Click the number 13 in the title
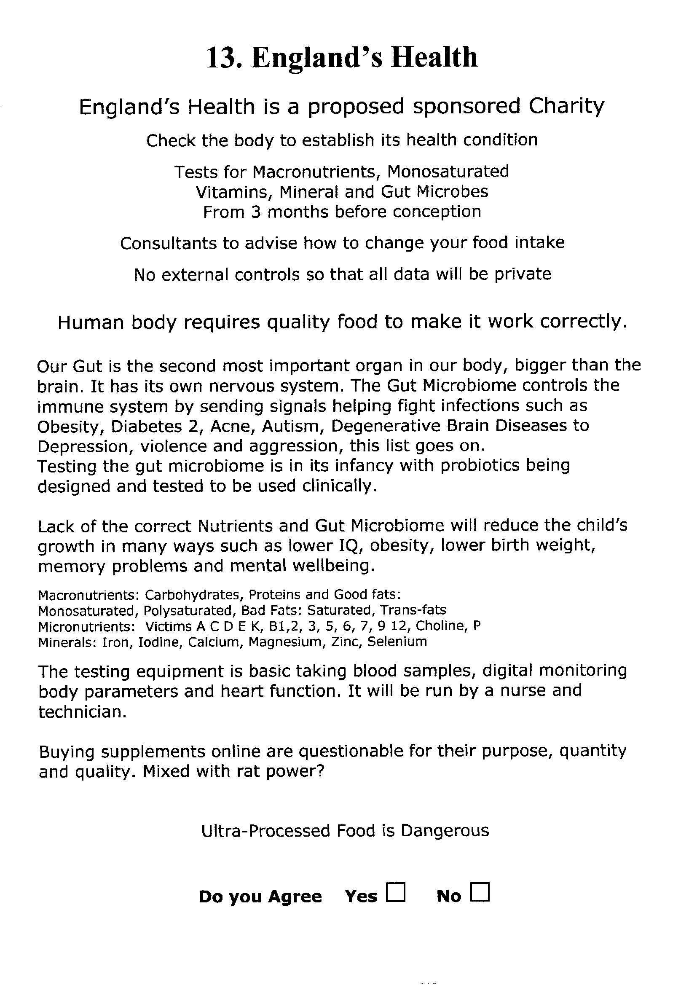point(222,57)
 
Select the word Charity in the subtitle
point(566,107)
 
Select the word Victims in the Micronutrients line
point(169,626)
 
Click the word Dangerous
point(445,830)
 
